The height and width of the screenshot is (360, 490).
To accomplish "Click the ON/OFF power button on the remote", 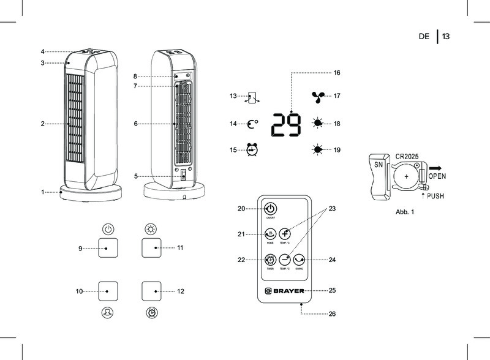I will [x=270, y=209].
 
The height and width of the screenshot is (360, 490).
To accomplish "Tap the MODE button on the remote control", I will [x=269, y=233].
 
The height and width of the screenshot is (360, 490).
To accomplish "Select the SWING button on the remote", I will [x=298, y=260].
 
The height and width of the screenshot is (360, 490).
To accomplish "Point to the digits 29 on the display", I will [x=287, y=125].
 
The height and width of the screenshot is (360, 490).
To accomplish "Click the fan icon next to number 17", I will [x=318, y=96].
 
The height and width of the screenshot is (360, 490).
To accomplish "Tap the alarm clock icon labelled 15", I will [x=252, y=150].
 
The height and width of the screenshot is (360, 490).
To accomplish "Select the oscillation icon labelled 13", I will [x=252, y=97].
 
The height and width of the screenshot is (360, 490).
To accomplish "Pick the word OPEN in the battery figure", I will [x=437, y=176].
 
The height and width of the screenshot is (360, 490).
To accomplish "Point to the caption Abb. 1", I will [x=405, y=212].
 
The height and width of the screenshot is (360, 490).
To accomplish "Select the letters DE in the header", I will [x=424, y=37].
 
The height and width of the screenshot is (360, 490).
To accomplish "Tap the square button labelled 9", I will [x=108, y=248].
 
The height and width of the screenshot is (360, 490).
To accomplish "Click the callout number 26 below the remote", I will [x=333, y=314].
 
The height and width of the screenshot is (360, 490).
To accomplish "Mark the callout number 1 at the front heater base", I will [x=43, y=192].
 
